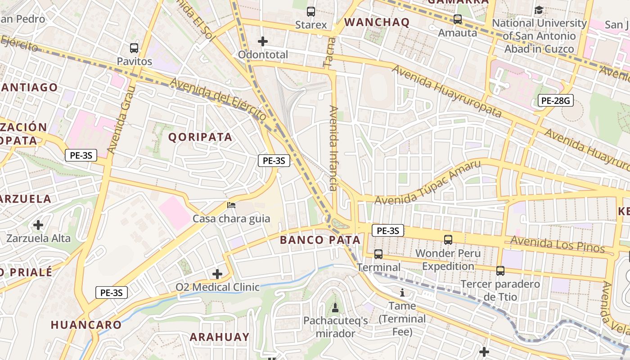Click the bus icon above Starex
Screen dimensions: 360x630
(310, 12)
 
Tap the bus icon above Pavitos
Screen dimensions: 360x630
(134, 48)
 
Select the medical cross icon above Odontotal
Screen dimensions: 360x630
(263, 42)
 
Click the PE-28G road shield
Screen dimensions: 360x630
(556, 101)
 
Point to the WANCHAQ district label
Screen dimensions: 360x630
(377, 22)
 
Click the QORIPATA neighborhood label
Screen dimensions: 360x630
(200, 137)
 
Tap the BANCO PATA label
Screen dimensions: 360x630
(320, 240)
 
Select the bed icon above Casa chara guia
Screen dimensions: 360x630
(231, 206)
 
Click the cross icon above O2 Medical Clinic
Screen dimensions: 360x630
(217, 274)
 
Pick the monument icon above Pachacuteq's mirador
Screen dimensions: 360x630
(335, 308)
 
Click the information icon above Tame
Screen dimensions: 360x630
(402, 293)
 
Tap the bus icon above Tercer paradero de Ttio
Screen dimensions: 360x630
(500, 271)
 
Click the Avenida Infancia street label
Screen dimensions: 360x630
(333, 148)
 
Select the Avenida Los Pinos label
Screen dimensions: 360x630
(558, 244)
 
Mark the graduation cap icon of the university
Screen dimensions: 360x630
(539, 10)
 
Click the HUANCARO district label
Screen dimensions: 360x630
(86, 324)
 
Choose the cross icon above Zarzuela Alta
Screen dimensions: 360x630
(38, 225)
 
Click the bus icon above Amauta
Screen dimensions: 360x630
(458, 19)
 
